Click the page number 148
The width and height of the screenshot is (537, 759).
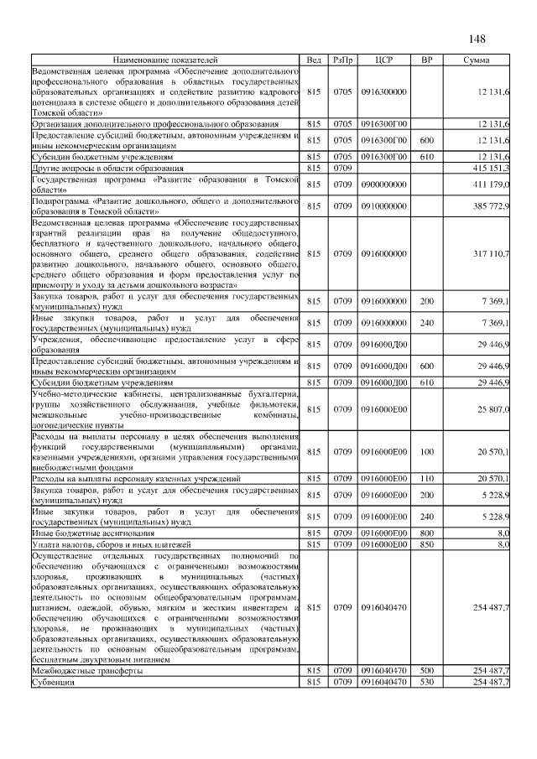coord(477,39)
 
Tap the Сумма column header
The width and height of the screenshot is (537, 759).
coord(477,60)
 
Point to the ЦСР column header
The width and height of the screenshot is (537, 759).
coord(383,60)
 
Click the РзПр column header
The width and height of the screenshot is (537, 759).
coord(341,60)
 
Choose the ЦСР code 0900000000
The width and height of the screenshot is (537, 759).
coord(383,185)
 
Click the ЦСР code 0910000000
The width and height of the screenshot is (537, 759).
coord(383,206)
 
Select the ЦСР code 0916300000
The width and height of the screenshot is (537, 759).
coord(383,91)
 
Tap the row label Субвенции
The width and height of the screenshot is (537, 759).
coord(53,684)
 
